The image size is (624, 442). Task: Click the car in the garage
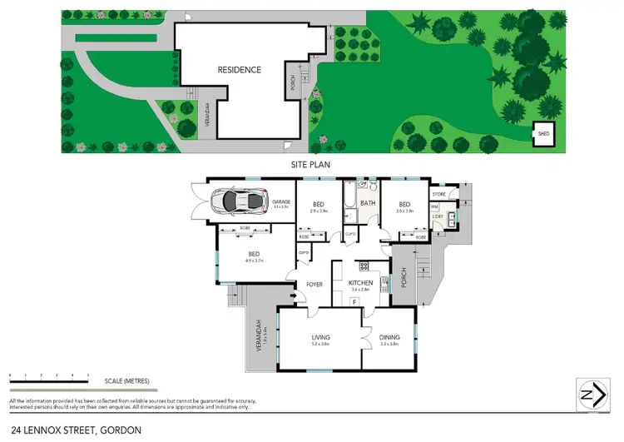pyautogui.click(x=237, y=201)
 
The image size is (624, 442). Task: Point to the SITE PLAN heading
pyautogui.click(x=310, y=165)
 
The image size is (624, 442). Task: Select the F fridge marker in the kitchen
pyautogui.click(x=355, y=301)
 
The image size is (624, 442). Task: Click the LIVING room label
pyautogui.click(x=320, y=337)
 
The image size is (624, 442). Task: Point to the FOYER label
pyautogui.click(x=314, y=285)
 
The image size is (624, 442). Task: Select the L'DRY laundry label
pyautogui.click(x=438, y=217)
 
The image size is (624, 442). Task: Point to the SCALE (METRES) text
pyautogui.click(x=126, y=381)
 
